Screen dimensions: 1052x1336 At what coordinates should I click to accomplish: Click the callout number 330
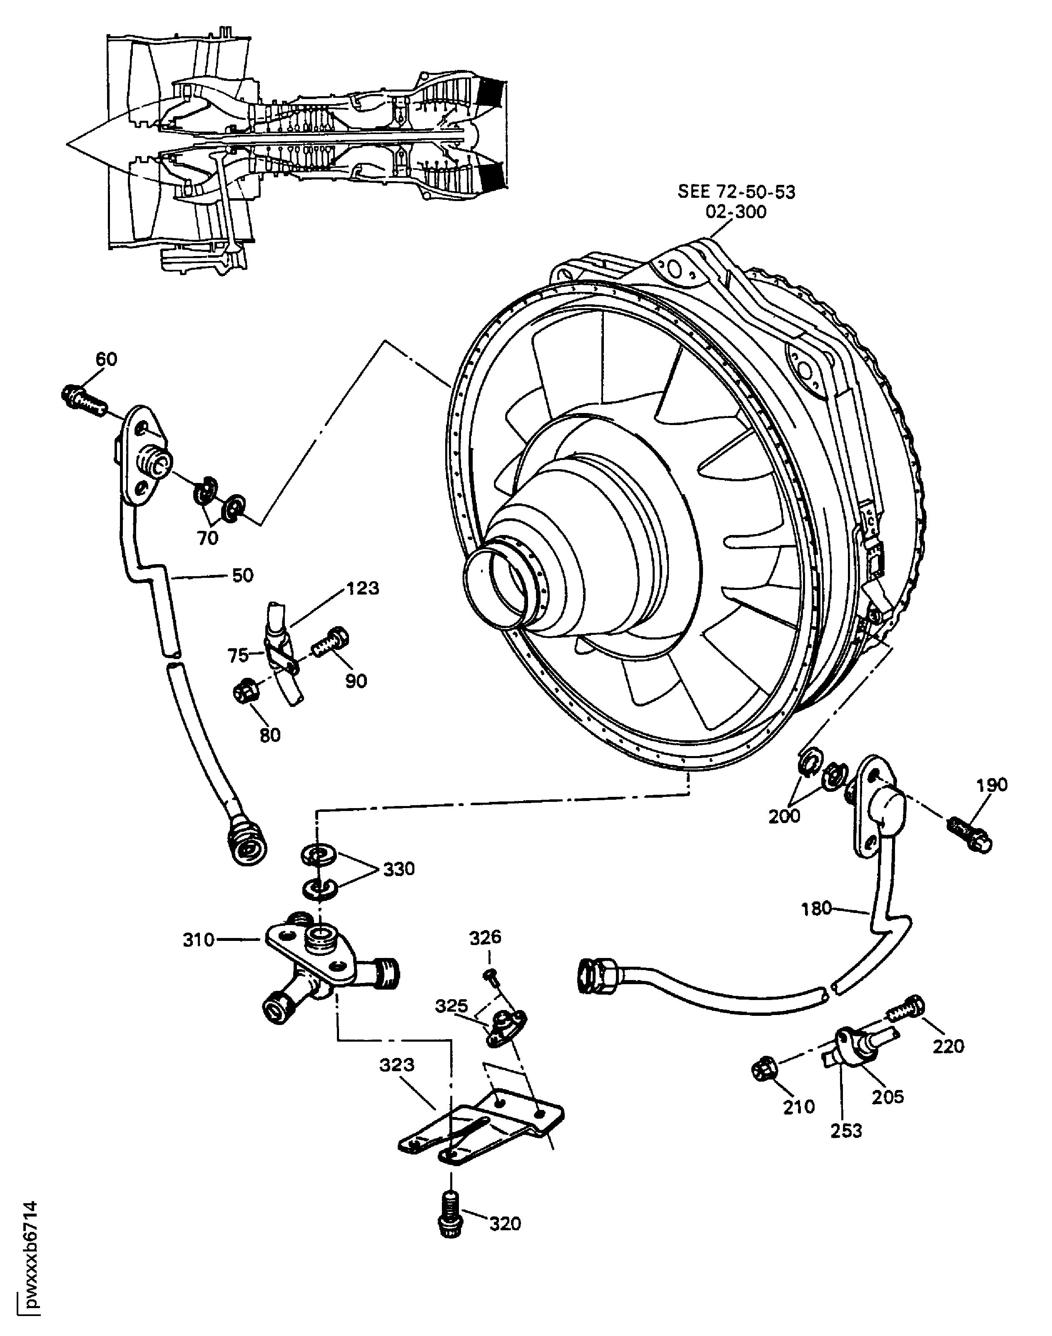(399, 869)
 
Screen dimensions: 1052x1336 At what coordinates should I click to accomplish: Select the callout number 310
(198, 940)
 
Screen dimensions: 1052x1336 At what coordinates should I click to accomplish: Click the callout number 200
(784, 816)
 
